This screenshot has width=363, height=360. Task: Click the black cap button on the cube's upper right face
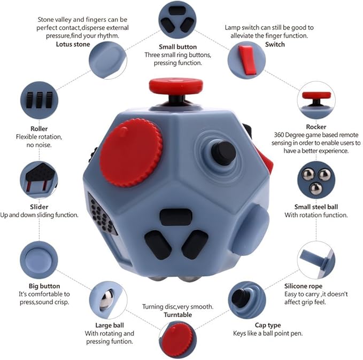pos(223,153)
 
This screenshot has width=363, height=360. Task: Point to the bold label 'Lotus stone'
pos(73,44)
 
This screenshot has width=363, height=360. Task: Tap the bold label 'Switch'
pos(275,44)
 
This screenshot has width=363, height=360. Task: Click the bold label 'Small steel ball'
pos(316,207)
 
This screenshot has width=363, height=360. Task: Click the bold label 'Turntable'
pos(178,315)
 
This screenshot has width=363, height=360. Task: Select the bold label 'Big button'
pos(44,286)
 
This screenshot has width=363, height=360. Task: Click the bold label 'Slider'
pos(39,207)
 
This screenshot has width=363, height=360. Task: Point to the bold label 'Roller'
pos(39,129)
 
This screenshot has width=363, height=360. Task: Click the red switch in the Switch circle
pos(245,58)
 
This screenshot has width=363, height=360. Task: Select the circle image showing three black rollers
pos(39,100)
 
